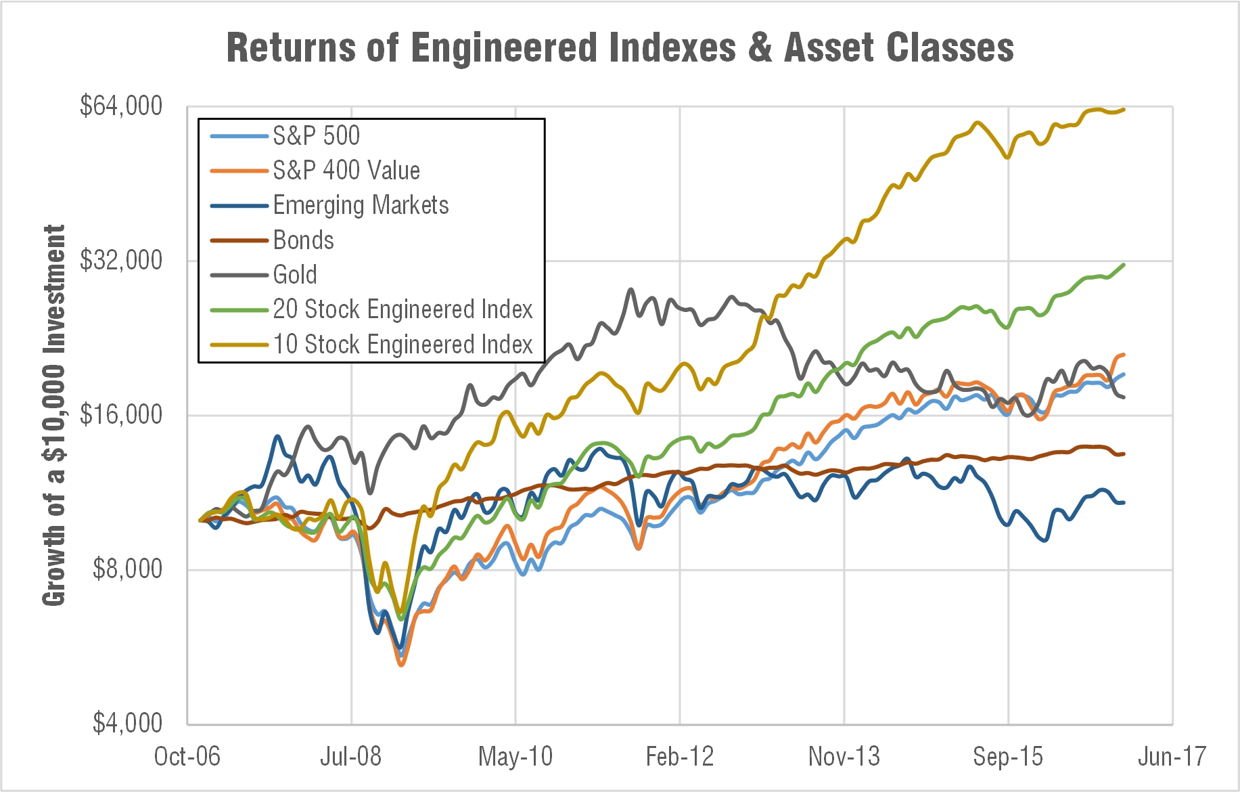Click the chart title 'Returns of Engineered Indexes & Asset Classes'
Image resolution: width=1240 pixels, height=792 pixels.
click(x=620, y=49)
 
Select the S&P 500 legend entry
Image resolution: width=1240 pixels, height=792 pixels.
click(x=316, y=136)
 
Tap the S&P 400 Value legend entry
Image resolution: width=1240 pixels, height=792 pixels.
click(x=346, y=171)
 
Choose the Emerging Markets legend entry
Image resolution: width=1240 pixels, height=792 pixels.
click(x=361, y=205)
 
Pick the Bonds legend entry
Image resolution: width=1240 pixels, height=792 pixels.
click(x=303, y=240)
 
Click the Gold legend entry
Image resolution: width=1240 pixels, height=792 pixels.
click(x=295, y=275)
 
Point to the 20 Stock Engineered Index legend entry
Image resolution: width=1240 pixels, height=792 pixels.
click(x=403, y=309)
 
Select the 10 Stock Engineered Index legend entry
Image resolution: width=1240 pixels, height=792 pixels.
click(x=403, y=345)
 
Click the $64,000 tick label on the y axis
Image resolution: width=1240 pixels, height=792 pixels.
click(x=121, y=106)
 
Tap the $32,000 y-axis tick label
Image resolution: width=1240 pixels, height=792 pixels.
click(x=121, y=261)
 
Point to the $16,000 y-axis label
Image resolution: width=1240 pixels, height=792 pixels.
click(x=121, y=415)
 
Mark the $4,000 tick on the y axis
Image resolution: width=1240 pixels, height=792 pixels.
click(x=127, y=724)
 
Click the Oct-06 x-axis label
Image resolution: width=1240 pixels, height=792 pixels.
click(x=187, y=757)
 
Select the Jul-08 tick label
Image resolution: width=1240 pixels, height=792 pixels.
click(x=350, y=757)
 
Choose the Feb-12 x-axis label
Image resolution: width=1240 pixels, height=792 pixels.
click(x=680, y=757)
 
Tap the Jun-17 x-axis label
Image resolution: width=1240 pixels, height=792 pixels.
click(x=1172, y=757)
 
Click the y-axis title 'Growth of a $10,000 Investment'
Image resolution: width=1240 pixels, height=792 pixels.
click(x=54, y=415)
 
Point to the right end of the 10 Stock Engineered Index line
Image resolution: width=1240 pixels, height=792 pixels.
click(x=1124, y=110)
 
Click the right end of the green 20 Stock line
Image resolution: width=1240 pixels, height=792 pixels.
click(x=1124, y=265)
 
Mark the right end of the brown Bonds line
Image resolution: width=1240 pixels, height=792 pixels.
click(x=1124, y=454)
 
